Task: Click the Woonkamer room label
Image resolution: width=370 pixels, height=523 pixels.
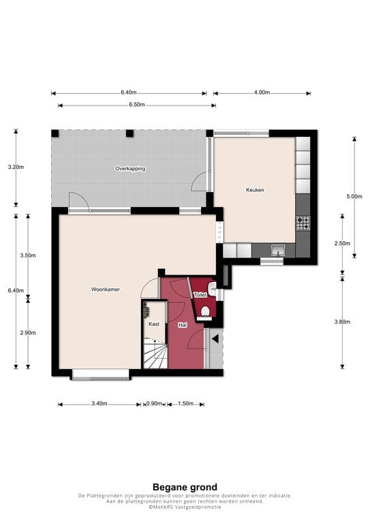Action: pyautogui.click(x=106, y=289)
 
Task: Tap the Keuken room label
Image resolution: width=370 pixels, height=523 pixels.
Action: pyautogui.click(x=255, y=191)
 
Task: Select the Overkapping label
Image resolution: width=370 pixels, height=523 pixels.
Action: pyautogui.click(x=129, y=168)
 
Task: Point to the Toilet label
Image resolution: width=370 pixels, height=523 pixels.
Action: pyautogui.click(x=200, y=295)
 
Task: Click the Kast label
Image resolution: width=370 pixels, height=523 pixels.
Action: pyautogui.click(x=154, y=324)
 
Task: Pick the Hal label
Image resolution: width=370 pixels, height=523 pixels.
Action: pyautogui.click(x=183, y=326)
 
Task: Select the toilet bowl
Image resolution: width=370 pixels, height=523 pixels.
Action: pyautogui.click(x=205, y=312)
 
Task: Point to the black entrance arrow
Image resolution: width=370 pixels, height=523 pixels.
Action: pyautogui.click(x=215, y=338)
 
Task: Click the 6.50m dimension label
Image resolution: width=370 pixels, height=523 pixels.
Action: pyautogui.click(x=137, y=106)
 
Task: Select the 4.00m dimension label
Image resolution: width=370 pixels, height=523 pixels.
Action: pyautogui.click(x=262, y=93)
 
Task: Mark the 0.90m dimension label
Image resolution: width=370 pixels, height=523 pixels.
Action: pyautogui.click(x=155, y=404)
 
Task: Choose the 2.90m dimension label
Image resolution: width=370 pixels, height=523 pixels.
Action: pyautogui.click(x=28, y=332)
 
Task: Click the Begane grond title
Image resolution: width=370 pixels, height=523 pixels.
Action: pyautogui.click(x=185, y=487)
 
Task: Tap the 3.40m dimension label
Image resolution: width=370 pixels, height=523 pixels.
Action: pyautogui.click(x=99, y=404)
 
